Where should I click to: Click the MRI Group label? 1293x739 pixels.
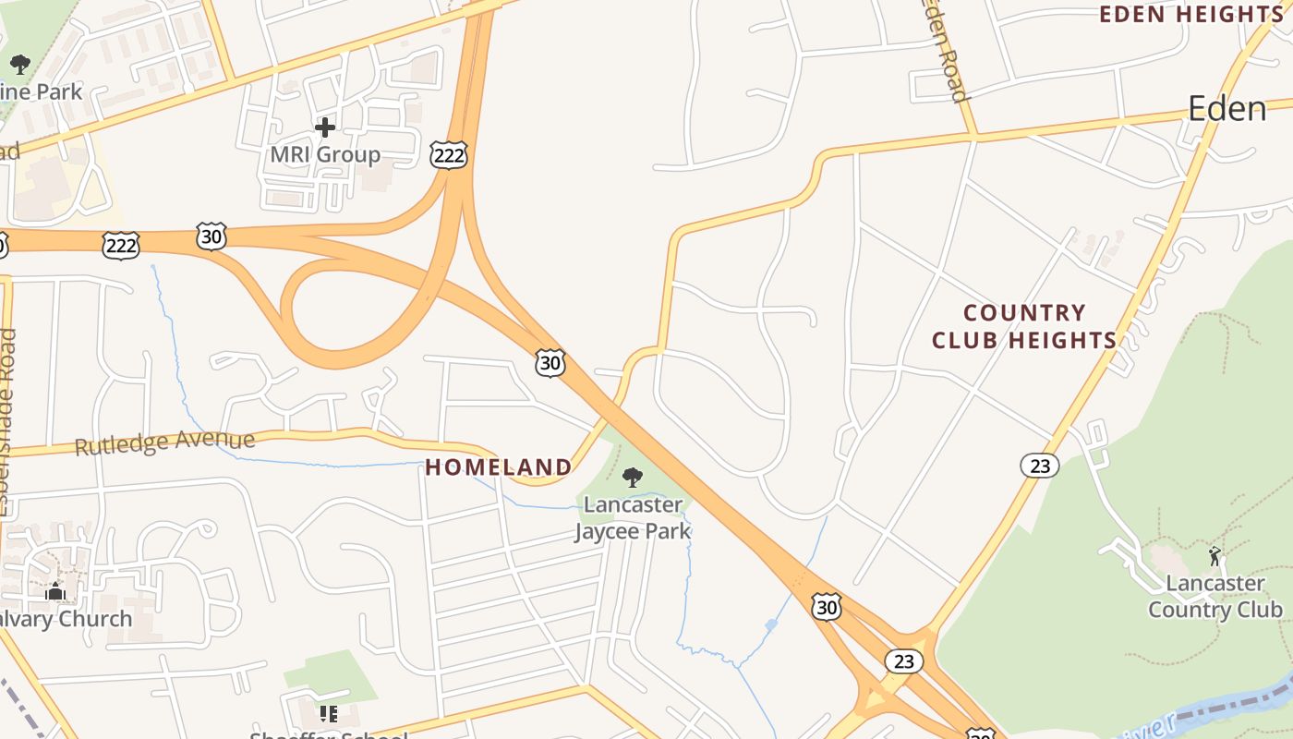[x=325, y=154]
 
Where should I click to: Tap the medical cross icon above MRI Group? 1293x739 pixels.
[x=325, y=127]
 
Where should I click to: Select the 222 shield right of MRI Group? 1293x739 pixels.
[x=449, y=155]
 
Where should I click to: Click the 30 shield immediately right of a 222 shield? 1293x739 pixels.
[x=211, y=236]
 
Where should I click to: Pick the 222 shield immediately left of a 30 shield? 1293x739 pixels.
[x=121, y=245]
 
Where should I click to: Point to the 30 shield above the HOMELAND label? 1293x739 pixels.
[x=550, y=363]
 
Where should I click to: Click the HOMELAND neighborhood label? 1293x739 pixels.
[x=499, y=467]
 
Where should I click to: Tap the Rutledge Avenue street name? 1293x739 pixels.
[x=164, y=442]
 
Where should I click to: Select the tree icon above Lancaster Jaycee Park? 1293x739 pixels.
[x=633, y=478]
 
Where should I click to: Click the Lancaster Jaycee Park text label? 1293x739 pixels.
[x=634, y=518]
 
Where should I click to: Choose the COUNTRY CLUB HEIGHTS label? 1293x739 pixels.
[x=1024, y=327]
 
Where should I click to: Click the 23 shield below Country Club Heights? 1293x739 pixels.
[x=1040, y=466]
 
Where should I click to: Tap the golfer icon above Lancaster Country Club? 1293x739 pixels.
[x=1214, y=556]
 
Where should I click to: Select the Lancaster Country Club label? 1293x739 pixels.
[x=1215, y=597]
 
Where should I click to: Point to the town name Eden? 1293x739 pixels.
[x=1227, y=109]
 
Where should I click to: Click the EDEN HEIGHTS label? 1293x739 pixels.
[x=1191, y=14]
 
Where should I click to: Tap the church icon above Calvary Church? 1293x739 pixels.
[x=54, y=591]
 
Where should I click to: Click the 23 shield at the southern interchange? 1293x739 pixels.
[x=903, y=661]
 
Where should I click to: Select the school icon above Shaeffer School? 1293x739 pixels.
[x=328, y=714]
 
